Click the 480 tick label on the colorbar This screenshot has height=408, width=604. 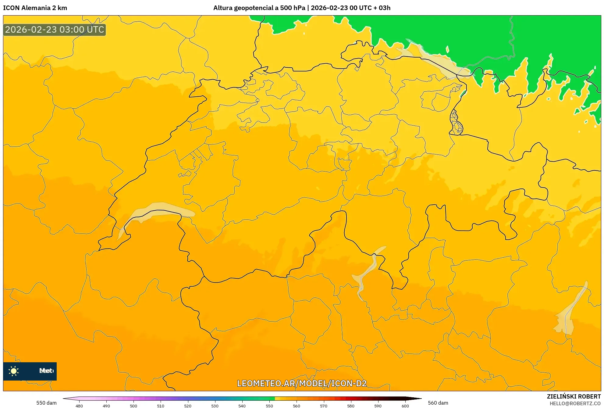pos(79,406)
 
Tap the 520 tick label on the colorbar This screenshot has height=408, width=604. pos(188,406)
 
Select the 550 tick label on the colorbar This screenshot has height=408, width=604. pos(269,406)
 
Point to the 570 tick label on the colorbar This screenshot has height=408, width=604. pos(324,406)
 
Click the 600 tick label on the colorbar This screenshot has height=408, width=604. pos(405,406)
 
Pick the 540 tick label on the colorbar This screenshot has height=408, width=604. pos(242,406)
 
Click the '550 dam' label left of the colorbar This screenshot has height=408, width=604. pos(46,403)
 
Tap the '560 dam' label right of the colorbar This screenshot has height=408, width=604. pos(438,403)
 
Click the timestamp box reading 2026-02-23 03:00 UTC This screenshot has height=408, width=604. pos(55,30)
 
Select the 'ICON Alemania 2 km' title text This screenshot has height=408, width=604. pos(35,8)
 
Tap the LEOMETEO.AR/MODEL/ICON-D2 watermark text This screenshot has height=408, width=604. pos(302,383)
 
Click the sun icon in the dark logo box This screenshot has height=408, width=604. pos(14,371)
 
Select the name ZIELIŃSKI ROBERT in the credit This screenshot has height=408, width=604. pos(574,396)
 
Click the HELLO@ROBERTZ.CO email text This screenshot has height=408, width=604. pos(575,403)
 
